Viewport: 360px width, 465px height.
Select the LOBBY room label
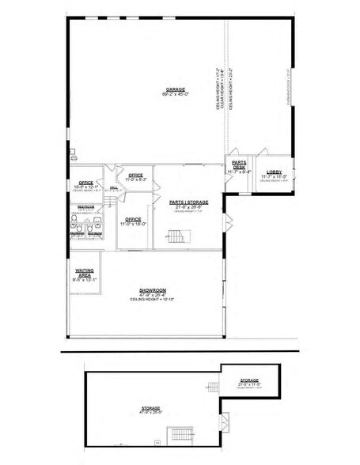tap(274, 172)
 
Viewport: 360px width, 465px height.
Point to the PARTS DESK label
tap(238, 164)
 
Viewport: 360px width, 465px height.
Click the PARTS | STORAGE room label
tap(188, 202)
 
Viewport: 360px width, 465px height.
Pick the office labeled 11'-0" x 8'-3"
tap(135, 176)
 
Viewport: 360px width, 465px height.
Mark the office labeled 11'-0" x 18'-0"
tap(132, 220)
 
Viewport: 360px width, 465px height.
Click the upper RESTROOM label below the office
tap(86, 207)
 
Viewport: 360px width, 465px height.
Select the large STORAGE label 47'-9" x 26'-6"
tap(151, 407)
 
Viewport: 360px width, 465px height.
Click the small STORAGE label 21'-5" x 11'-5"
tap(249, 380)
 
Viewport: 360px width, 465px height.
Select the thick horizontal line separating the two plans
tap(178, 350)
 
